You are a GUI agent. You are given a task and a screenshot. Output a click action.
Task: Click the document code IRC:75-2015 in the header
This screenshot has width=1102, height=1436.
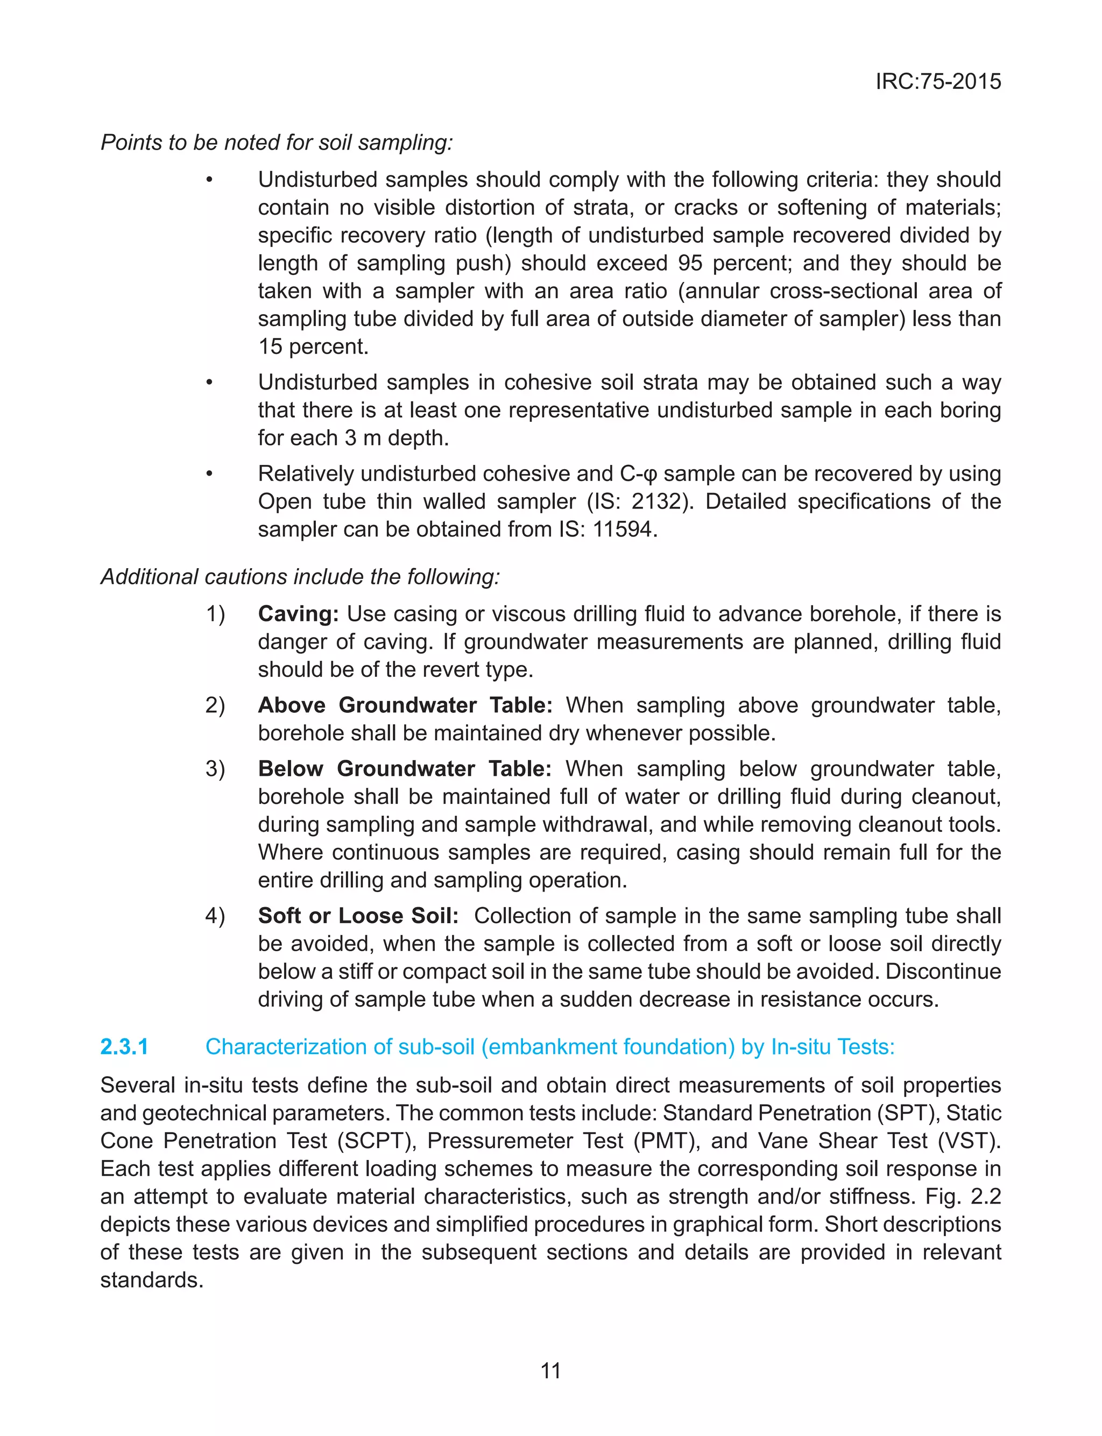938,81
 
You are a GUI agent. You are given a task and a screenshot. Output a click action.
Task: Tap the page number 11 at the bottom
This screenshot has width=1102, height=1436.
550,1370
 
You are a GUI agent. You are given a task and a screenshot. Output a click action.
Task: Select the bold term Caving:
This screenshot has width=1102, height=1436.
298,614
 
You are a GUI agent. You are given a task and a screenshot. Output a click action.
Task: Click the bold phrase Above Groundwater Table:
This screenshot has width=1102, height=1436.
405,705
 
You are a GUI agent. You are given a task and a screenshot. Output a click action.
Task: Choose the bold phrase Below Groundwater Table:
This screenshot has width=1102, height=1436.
404,768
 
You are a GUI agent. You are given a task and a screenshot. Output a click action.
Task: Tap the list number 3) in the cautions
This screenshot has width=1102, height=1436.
215,768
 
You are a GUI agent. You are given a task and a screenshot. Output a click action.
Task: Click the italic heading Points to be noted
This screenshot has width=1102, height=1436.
276,142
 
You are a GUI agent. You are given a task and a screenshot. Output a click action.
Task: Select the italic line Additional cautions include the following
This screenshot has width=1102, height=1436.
300,576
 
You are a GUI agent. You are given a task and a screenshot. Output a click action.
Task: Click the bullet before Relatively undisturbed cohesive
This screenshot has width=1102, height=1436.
209,473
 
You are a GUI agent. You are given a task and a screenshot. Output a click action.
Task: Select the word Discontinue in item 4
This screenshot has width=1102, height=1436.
943,971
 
